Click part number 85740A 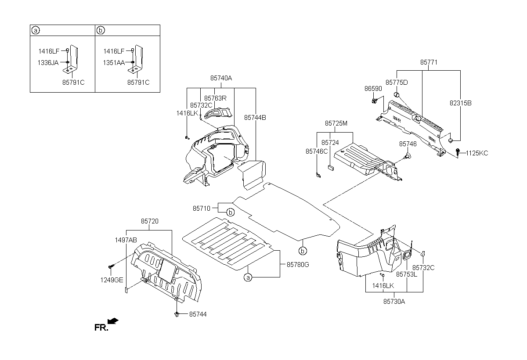(x=221, y=78)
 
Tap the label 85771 (x=429, y=62)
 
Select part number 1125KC (x=477, y=153)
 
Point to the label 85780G (x=298, y=265)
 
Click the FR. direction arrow (x=113, y=321)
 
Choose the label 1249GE (x=112, y=280)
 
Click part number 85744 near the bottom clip (x=198, y=314)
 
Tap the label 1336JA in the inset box (x=48, y=63)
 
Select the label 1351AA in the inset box (x=114, y=63)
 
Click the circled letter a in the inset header (x=36, y=30)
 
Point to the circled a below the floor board (x=248, y=277)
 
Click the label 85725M (x=336, y=123)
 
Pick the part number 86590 (x=373, y=89)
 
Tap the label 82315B (x=460, y=103)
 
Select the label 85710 (x=202, y=209)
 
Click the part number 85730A (x=394, y=302)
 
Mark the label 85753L (x=407, y=274)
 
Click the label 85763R (x=215, y=98)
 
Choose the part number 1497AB (x=126, y=240)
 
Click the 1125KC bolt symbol (x=458, y=152)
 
